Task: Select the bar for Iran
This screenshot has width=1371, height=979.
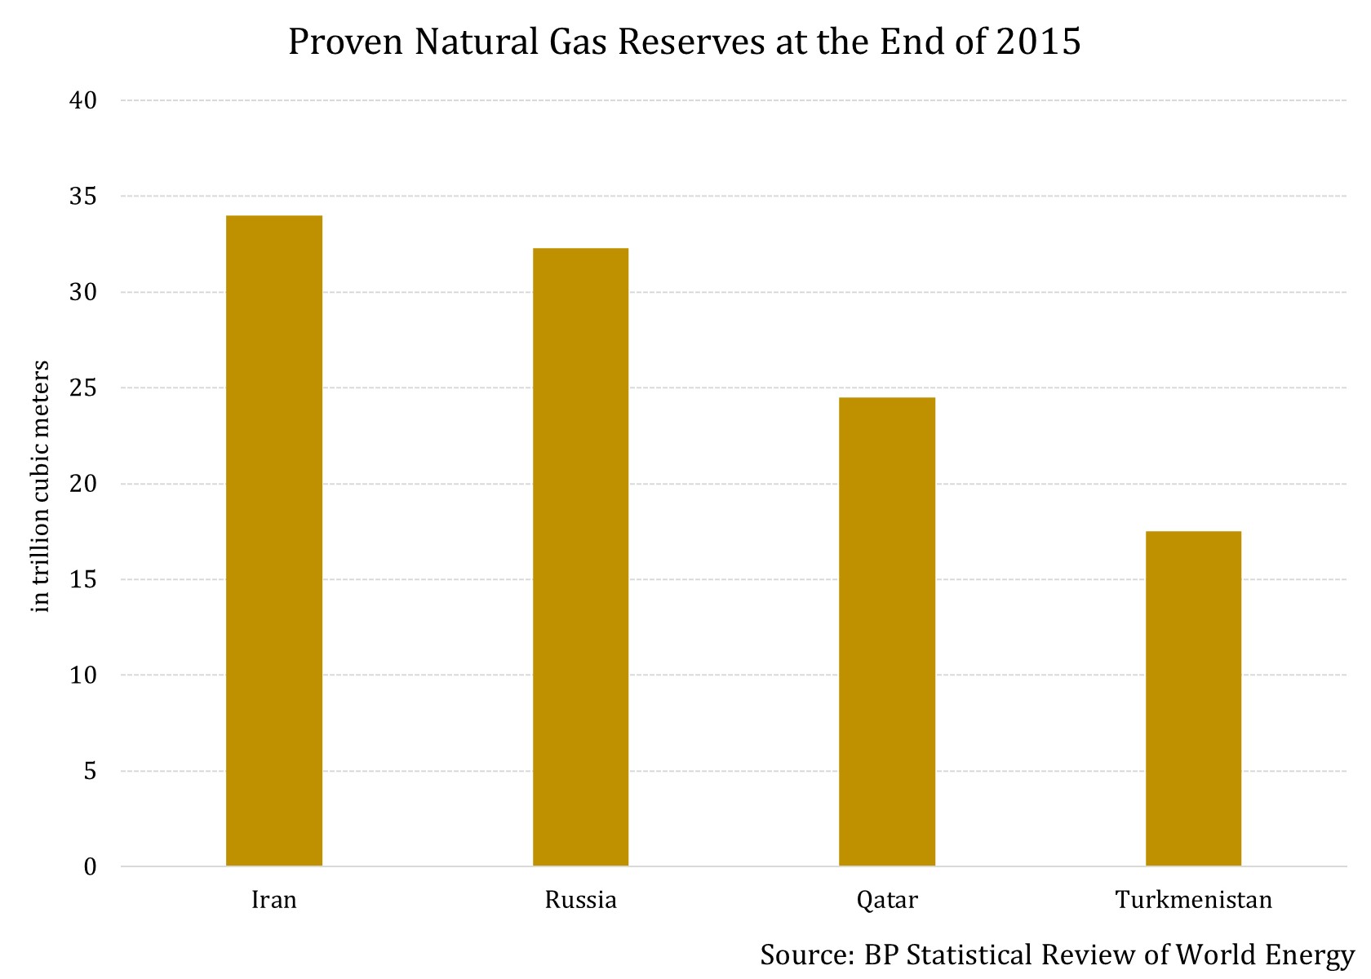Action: coord(274,540)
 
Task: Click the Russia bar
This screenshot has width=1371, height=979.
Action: coord(580,556)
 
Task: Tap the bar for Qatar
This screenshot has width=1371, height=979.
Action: coord(887,631)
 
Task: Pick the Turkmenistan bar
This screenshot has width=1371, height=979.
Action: coord(1193,698)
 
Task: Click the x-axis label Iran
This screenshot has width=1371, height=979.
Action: coord(274,900)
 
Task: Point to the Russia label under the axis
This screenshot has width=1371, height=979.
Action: coord(580,900)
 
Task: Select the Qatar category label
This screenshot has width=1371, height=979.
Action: coord(887,900)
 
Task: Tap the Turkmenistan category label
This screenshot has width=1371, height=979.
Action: coord(1193,900)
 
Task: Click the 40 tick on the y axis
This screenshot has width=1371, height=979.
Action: coord(83,100)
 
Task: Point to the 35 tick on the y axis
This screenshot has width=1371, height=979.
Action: coord(83,197)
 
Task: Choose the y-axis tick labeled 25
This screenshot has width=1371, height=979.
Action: coord(83,388)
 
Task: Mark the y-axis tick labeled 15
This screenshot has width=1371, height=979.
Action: coord(83,580)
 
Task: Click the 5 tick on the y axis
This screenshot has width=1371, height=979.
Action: coord(90,771)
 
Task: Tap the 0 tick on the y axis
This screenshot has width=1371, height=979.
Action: coord(90,867)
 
